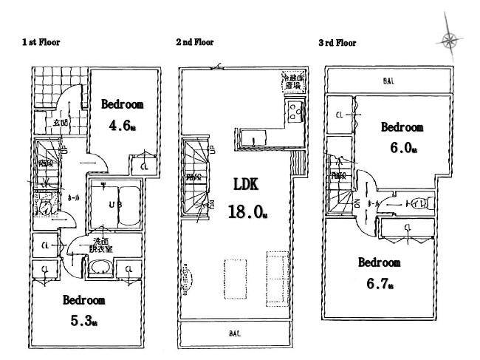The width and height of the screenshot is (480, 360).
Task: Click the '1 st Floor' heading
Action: tap(41, 43)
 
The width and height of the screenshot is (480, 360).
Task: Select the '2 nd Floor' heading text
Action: tap(194, 43)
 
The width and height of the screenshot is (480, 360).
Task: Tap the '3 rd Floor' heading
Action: tap(337, 43)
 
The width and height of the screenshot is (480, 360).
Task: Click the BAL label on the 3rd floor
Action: tap(388, 81)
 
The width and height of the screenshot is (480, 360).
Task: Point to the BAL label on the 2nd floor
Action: tap(233, 335)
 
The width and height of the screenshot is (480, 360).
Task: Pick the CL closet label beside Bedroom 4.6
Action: tap(144, 168)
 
